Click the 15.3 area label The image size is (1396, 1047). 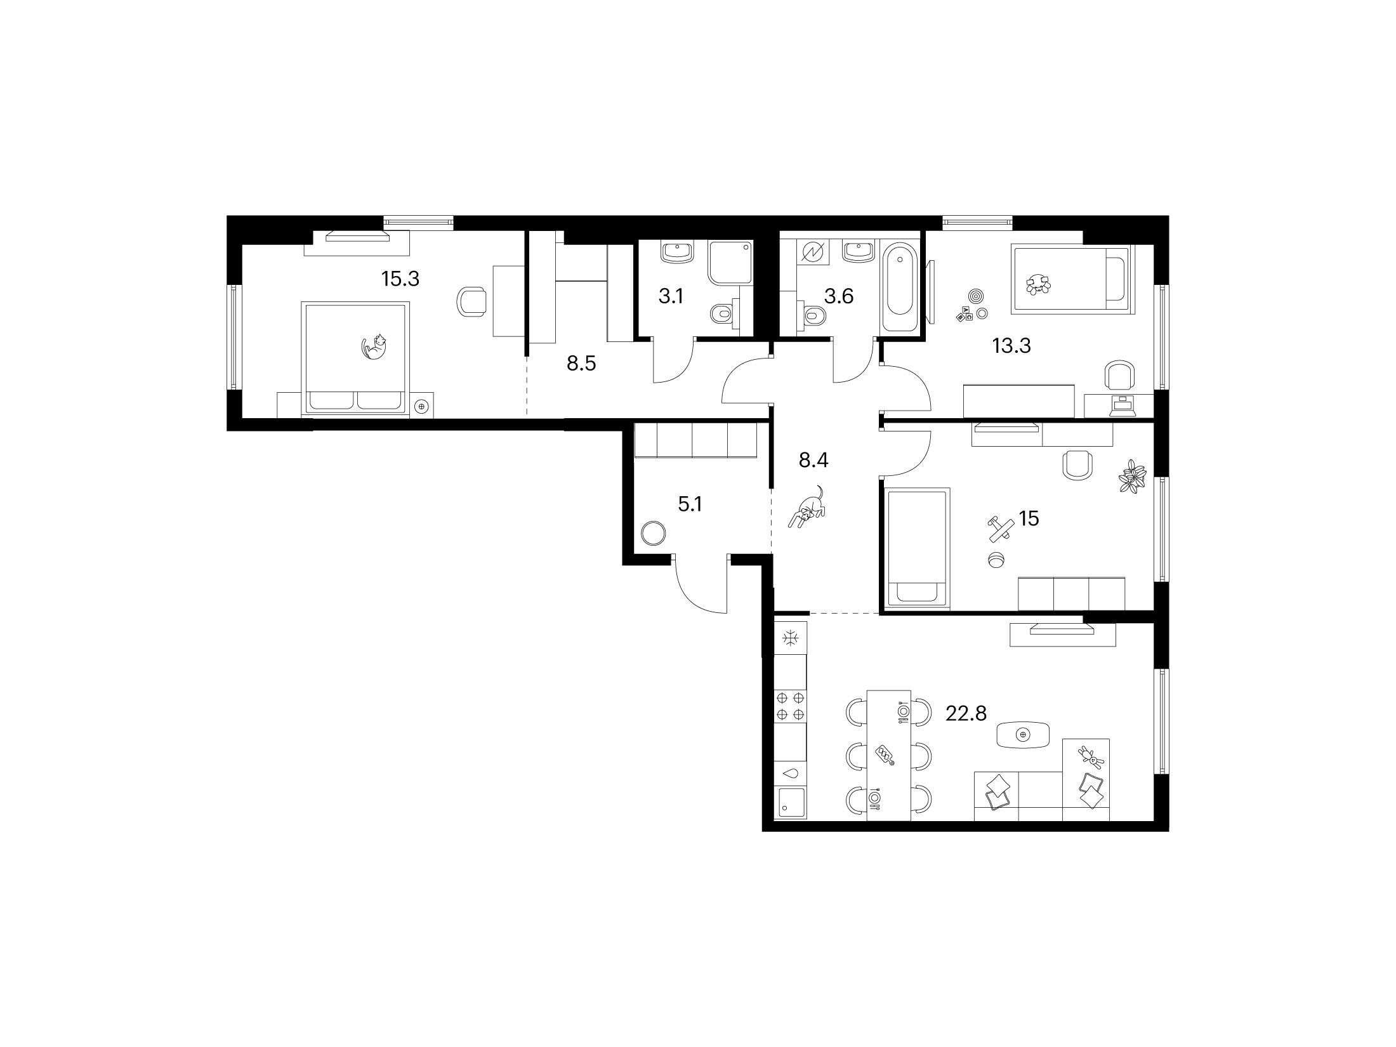click(400, 278)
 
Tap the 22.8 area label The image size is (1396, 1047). click(966, 714)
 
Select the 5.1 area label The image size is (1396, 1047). click(690, 505)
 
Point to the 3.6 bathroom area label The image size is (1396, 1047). click(838, 296)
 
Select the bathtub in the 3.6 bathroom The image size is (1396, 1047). click(899, 289)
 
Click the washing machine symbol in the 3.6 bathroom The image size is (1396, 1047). click(812, 252)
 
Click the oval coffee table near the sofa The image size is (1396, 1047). click(1022, 735)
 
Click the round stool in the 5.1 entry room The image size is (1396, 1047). click(653, 533)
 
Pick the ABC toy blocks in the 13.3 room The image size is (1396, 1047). click(965, 313)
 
